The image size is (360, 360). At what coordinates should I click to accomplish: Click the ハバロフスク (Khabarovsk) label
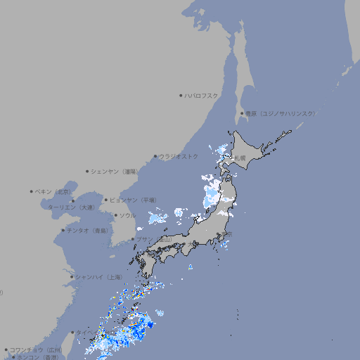[202, 95]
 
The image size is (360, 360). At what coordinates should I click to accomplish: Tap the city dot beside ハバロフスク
[181, 95]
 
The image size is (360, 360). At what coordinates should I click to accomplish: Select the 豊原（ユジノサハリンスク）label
[281, 113]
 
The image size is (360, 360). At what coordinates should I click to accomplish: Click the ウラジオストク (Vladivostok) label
[179, 156]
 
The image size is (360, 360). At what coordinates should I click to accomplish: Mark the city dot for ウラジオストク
[155, 156]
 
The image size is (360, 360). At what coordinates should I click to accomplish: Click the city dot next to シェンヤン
[87, 171]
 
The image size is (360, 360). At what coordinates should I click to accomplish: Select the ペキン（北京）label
[53, 191]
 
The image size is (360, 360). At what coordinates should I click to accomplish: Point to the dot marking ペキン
[32, 191]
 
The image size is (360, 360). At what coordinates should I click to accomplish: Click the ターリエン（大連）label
[71, 207]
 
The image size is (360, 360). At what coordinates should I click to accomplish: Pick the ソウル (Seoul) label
[127, 215]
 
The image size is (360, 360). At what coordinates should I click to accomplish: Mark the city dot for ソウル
[114, 215]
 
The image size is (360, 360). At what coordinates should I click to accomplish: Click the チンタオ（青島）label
[87, 230]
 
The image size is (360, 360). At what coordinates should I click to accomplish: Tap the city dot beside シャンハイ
[71, 276]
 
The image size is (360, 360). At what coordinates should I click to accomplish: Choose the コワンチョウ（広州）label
[36, 349]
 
